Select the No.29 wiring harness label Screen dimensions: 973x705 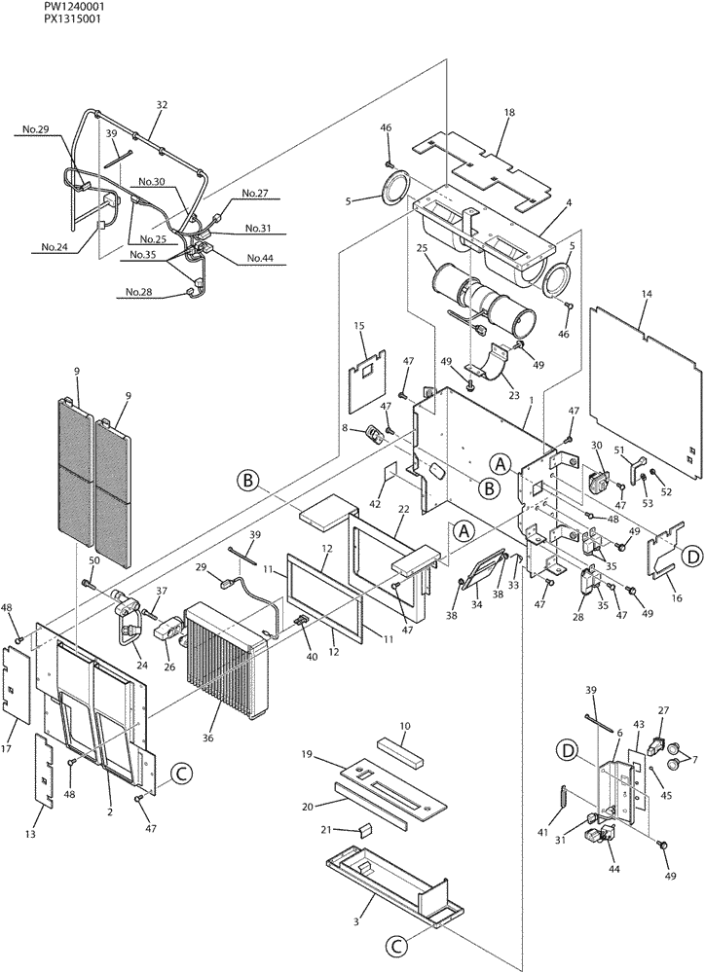(x=36, y=129)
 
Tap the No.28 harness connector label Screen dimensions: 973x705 (x=139, y=292)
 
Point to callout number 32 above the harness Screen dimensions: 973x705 (x=162, y=105)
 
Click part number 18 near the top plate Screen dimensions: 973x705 (x=508, y=114)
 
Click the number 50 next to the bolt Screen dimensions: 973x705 (x=94, y=560)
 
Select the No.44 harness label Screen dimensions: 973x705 (x=260, y=258)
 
